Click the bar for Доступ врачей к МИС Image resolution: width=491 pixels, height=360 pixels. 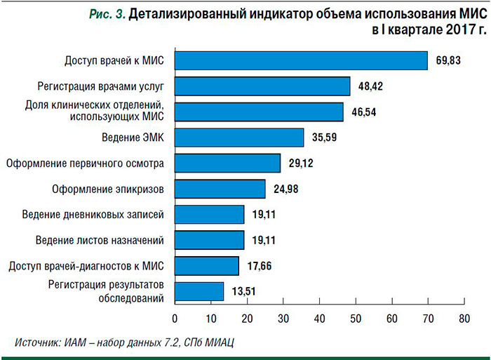300,61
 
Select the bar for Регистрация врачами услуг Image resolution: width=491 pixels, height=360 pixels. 262,86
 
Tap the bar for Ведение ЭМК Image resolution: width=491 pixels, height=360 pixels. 238,138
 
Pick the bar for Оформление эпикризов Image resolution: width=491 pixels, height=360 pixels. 220,189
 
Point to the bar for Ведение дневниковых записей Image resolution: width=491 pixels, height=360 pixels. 209,215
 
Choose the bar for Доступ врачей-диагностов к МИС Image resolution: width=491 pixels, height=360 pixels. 206,266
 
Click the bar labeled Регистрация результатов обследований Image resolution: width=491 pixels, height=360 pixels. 199,291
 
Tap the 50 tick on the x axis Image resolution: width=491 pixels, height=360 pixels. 355,318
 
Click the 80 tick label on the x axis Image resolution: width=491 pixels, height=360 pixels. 464,318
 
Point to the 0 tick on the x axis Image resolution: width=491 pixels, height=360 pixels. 175,318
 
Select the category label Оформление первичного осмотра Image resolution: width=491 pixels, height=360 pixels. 85,164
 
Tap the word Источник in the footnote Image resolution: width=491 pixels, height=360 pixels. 36,342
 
